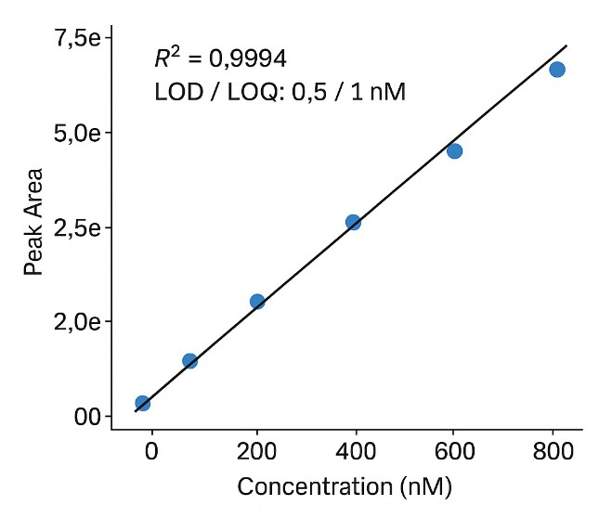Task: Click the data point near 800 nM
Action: coord(557,70)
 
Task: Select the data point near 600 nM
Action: coord(454,150)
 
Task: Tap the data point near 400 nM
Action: coord(353,222)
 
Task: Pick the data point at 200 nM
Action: coord(257,301)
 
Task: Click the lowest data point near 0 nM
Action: coord(142,403)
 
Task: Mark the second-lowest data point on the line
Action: coord(189,360)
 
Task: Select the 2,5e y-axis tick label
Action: coord(76,227)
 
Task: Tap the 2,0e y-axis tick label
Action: coord(76,321)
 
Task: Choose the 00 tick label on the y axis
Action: coord(86,416)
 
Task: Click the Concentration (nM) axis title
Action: coord(345,486)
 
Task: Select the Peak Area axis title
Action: coord(34,222)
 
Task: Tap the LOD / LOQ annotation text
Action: coord(280,92)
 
